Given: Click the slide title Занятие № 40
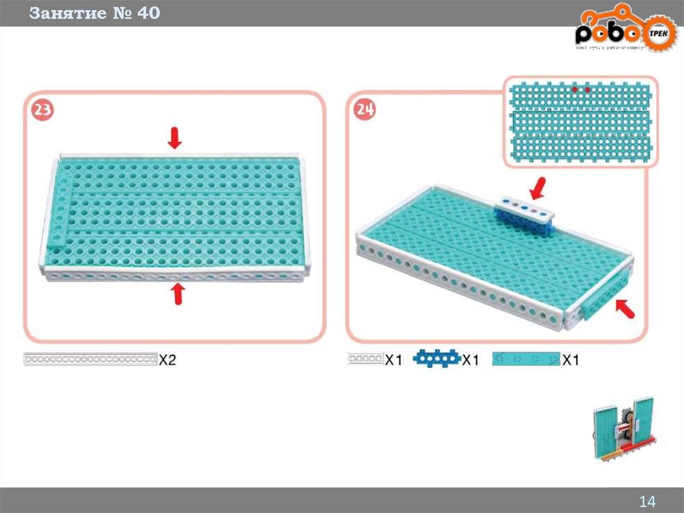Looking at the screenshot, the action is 94,13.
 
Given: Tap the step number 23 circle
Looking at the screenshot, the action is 41,111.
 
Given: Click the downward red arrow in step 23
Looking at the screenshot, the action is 174,138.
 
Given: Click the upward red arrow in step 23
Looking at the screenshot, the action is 177,293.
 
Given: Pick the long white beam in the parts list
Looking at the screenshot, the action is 90,359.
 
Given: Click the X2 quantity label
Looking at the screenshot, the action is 168,360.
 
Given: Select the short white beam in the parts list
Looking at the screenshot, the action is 365,359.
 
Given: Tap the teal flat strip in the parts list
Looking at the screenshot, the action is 525,359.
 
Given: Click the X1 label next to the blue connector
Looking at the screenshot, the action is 471,360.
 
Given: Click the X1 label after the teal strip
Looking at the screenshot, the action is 570,360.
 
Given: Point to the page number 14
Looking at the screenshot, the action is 647,502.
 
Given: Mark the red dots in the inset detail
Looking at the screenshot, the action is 580,88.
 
